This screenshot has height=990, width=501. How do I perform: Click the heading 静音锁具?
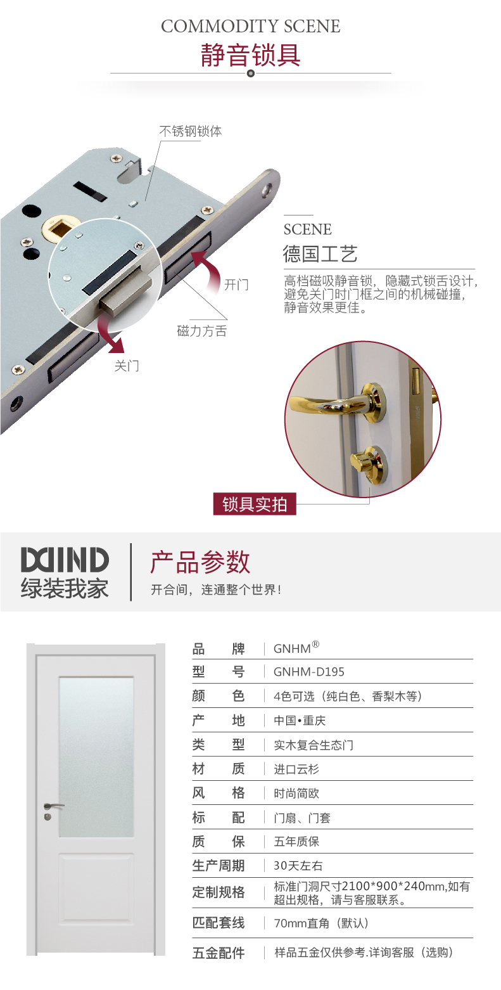click(x=251, y=55)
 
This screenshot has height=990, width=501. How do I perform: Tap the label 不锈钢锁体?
click(x=191, y=131)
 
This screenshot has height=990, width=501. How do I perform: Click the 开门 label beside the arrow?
click(x=236, y=285)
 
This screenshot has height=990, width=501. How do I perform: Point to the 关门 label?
click(x=127, y=366)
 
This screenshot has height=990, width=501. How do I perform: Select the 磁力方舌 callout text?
click(x=202, y=331)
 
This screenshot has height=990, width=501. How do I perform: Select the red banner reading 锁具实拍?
click(x=255, y=504)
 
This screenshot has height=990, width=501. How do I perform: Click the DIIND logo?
click(x=65, y=559)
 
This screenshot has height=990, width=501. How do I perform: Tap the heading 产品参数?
click(x=200, y=562)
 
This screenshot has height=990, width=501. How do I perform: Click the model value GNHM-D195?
click(x=309, y=672)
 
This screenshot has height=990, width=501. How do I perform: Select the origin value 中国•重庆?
click(x=300, y=721)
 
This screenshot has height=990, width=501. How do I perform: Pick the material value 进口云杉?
click(x=296, y=769)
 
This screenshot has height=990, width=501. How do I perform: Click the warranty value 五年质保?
click(x=296, y=842)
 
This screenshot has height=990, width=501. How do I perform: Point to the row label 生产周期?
click(x=219, y=865)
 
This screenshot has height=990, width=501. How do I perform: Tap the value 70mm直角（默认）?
click(x=321, y=923)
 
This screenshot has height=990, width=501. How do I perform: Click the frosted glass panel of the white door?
click(x=96, y=757)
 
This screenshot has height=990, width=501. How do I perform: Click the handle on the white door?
click(x=53, y=807)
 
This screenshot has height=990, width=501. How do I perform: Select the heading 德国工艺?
click(x=320, y=254)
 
